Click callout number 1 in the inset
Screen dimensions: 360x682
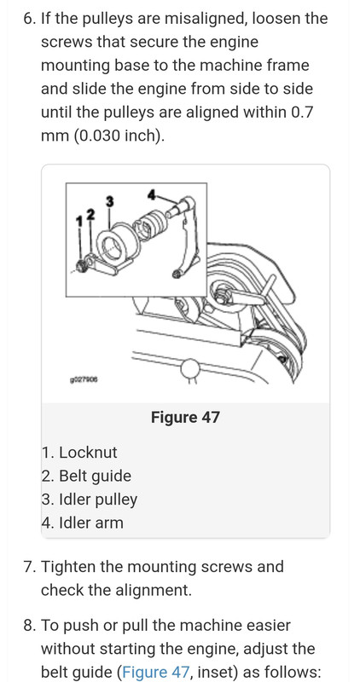click(x=78, y=222)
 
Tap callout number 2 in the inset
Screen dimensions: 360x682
click(x=90, y=214)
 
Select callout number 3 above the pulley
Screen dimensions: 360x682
click(x=110, y=201)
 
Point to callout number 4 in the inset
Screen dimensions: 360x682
click(x=152, y=195)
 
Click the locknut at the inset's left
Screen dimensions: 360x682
click(x=81, y=266)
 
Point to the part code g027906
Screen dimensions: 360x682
click(x=84, y=379)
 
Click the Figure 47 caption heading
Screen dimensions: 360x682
click(x=185, y=418)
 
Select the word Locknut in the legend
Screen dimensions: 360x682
click(x=88, y=453)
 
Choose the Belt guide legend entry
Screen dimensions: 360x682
click(x=86, y=476)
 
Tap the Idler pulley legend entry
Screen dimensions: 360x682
click(x=90, y=500)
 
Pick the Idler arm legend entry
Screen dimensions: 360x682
click(x=83, y=523)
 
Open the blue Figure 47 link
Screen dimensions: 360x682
click(x=156, y=673)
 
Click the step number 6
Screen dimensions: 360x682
click(x=30, y=19)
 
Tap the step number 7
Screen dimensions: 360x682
click(x=30, y=567)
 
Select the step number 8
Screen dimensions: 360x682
click(x=30, y=626)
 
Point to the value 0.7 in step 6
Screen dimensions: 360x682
click(x=301, y=113)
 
